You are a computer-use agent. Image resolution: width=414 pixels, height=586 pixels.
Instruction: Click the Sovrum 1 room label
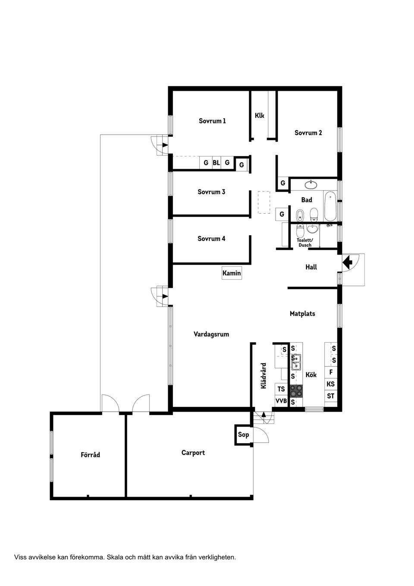tap(212, 121)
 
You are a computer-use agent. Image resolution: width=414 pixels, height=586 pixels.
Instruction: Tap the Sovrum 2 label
tap(308, 133)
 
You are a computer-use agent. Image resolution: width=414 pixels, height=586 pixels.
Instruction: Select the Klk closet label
tap(259, 116)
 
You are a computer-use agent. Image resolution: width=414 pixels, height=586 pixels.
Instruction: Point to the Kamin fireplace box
tap(232, 273)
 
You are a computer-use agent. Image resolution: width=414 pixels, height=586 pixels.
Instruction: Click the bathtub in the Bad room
tap(331, 205)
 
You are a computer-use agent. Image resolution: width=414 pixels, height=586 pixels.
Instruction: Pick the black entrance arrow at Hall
tap(348, 261)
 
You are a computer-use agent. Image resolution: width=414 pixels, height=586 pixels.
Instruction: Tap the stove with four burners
tap(296, 391)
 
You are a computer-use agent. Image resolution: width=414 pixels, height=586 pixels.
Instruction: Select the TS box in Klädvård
tap(281, 389)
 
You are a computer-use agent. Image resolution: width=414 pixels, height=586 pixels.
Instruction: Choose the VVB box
tap(281, 401)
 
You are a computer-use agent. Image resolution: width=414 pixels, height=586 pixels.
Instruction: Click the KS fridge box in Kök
tap(331, 384)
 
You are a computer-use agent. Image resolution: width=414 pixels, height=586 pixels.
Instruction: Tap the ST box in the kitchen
tap(331, 396)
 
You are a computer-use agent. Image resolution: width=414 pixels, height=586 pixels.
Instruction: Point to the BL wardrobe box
tap(216, 163)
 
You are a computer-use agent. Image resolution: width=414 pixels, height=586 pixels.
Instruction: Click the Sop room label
tap(243, 435)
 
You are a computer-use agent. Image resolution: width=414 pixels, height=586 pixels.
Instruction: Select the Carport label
tap(193, 453)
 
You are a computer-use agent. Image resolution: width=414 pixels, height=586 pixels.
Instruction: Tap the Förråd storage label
tap(90, 455)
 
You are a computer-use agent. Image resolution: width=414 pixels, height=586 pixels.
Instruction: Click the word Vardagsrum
tap(211, 334)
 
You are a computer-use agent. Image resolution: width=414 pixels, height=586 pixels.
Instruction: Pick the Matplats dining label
tap(302, 314)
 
